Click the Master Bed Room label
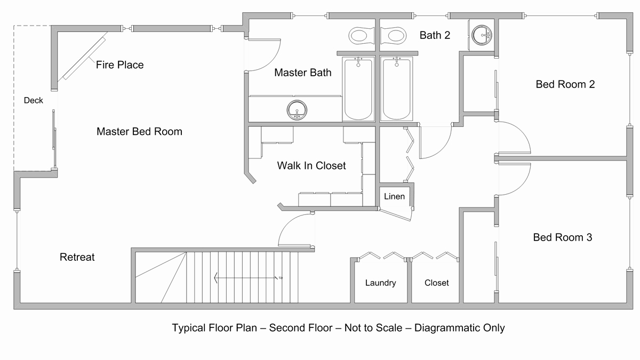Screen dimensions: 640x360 pyautogui.click(x=139, y=132)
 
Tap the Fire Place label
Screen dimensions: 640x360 pyautogui.click(x=119, y=65)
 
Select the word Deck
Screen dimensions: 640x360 pyautogui.click(x=33, y=100)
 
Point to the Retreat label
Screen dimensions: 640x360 pyautogui.click(x=77, y=257)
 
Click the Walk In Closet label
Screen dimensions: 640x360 pyautogui.click(x=311, y=166)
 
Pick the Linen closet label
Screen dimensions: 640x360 pyautogui.click(x=394, y=197)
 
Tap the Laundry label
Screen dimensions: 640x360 pyautogui.click(x=380, y=283)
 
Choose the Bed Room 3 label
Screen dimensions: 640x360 pyautogui.click(x=562, y=237)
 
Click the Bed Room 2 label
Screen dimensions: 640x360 pyautogui.click(x=565, y=85)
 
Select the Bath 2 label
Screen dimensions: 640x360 pyautogui.click(x=435, y=35)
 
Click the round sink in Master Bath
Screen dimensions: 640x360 pyautogui.click(x=297, y=110)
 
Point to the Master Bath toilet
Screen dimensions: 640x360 pyautogui.click(x=361, y=36)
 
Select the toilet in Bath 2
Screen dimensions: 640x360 pyautogui.click(x=394, y=36)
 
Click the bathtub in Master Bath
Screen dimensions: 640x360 pyautogui.click(x=358, y=89)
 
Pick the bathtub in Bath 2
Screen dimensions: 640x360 pyautogui.click(x=396, y=89)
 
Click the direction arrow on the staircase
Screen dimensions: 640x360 pyautogui.click(x=246, y=278)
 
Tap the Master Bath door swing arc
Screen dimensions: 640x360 pyautogui.click(x=271, y=61)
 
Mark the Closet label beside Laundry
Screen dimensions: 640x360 pyautogui.click(x=436, y=283)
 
